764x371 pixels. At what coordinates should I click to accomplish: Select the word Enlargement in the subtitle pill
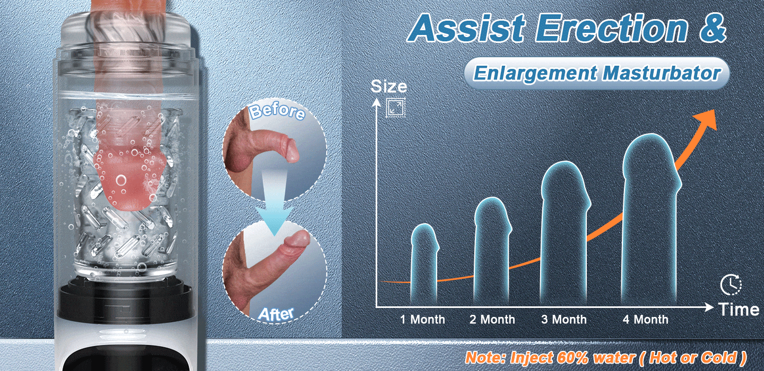[535, 73]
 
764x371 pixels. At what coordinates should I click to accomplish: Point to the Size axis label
[389, 86]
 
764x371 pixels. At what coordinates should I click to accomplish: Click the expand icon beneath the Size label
[396, 108]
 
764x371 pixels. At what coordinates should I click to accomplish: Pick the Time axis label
[739, 310]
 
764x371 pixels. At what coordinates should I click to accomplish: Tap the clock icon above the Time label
[731, 285]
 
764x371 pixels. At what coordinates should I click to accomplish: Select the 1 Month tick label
[422, 320]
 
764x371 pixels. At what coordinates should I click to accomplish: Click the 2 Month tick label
[492, 320]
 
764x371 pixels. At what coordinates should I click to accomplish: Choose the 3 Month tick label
[564, 320]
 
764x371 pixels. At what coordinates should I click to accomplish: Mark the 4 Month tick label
[645, 320]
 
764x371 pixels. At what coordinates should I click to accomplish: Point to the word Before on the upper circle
[277, 112]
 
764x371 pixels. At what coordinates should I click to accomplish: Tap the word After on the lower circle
[275, 314]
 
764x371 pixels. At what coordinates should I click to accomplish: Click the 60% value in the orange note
[574, 358]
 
